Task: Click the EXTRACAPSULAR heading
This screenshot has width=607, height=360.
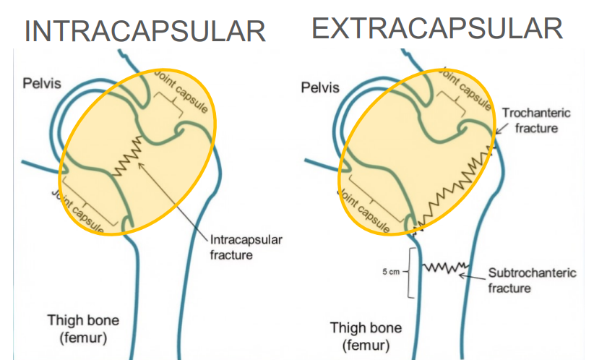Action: point(437,28)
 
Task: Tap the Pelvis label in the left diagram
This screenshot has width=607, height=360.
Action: point(41,84)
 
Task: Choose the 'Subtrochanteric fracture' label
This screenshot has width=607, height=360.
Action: point(532,280)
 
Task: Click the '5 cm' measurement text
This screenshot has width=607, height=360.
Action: point(391,272)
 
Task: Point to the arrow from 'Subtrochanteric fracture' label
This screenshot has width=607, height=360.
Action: point(473,275)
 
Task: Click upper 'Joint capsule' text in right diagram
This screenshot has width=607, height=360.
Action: point(466,90)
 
